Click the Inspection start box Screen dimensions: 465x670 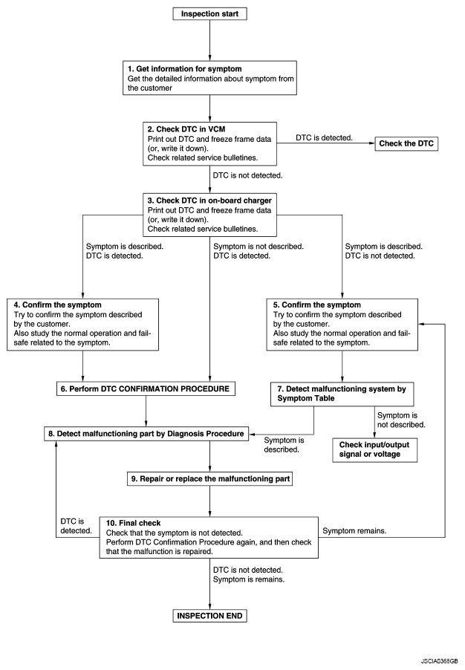tap(209, 13)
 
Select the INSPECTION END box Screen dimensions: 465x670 tap(209, 616)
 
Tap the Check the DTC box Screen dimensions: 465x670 tap(406, 143)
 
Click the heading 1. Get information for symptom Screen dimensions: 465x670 tap(185, 69)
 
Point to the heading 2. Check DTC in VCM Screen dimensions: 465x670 tap(186, 129)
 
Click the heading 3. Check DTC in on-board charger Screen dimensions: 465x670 tap(209, 201)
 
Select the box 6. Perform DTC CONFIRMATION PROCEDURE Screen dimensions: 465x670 tap(146, 388)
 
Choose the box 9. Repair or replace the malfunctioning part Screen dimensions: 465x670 tap(210, 478)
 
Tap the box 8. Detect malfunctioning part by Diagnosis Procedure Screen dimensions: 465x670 tap(146, 434)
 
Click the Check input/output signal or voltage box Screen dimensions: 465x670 tap(375, 449)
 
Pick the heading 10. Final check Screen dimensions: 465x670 tap(134, 523)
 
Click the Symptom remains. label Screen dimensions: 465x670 tap(354, 530)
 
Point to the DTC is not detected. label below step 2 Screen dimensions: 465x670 tap(247, 175)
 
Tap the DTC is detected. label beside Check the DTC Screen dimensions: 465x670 tap(324, 137)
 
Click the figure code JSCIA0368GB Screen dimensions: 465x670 tap(439, 660)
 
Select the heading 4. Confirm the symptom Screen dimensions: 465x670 tap(57, 305)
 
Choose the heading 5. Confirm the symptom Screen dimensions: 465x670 tap(316, 305)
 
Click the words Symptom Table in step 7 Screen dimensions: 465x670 tap(305, 398)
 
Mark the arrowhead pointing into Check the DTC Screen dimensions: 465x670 tap(372, 143)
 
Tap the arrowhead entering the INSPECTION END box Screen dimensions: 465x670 tap(210, 607)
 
